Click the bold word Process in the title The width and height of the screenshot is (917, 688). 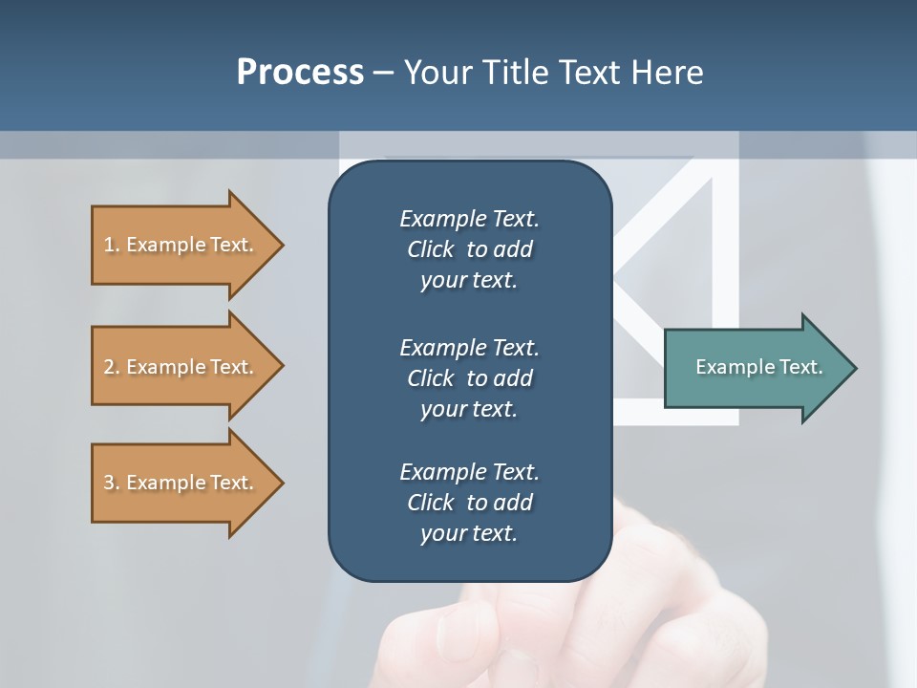300,73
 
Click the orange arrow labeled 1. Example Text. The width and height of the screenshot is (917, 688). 186,245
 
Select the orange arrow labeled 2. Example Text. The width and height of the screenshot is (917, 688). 186,367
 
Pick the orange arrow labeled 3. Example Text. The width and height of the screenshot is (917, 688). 186,483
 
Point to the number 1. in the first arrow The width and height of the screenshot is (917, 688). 112,245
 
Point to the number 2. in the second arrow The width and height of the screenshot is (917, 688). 112,367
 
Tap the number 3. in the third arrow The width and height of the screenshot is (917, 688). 112,483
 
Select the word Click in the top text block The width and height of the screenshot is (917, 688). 430,249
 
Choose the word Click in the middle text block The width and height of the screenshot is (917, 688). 430,378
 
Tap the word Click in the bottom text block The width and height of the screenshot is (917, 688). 430,503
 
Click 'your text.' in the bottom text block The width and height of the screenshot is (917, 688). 469,533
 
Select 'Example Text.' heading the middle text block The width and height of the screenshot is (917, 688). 469,348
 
